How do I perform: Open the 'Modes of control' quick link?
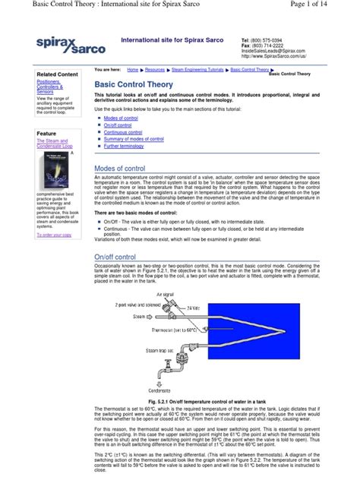click(121, 119)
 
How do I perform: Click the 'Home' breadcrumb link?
click(132, 69)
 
